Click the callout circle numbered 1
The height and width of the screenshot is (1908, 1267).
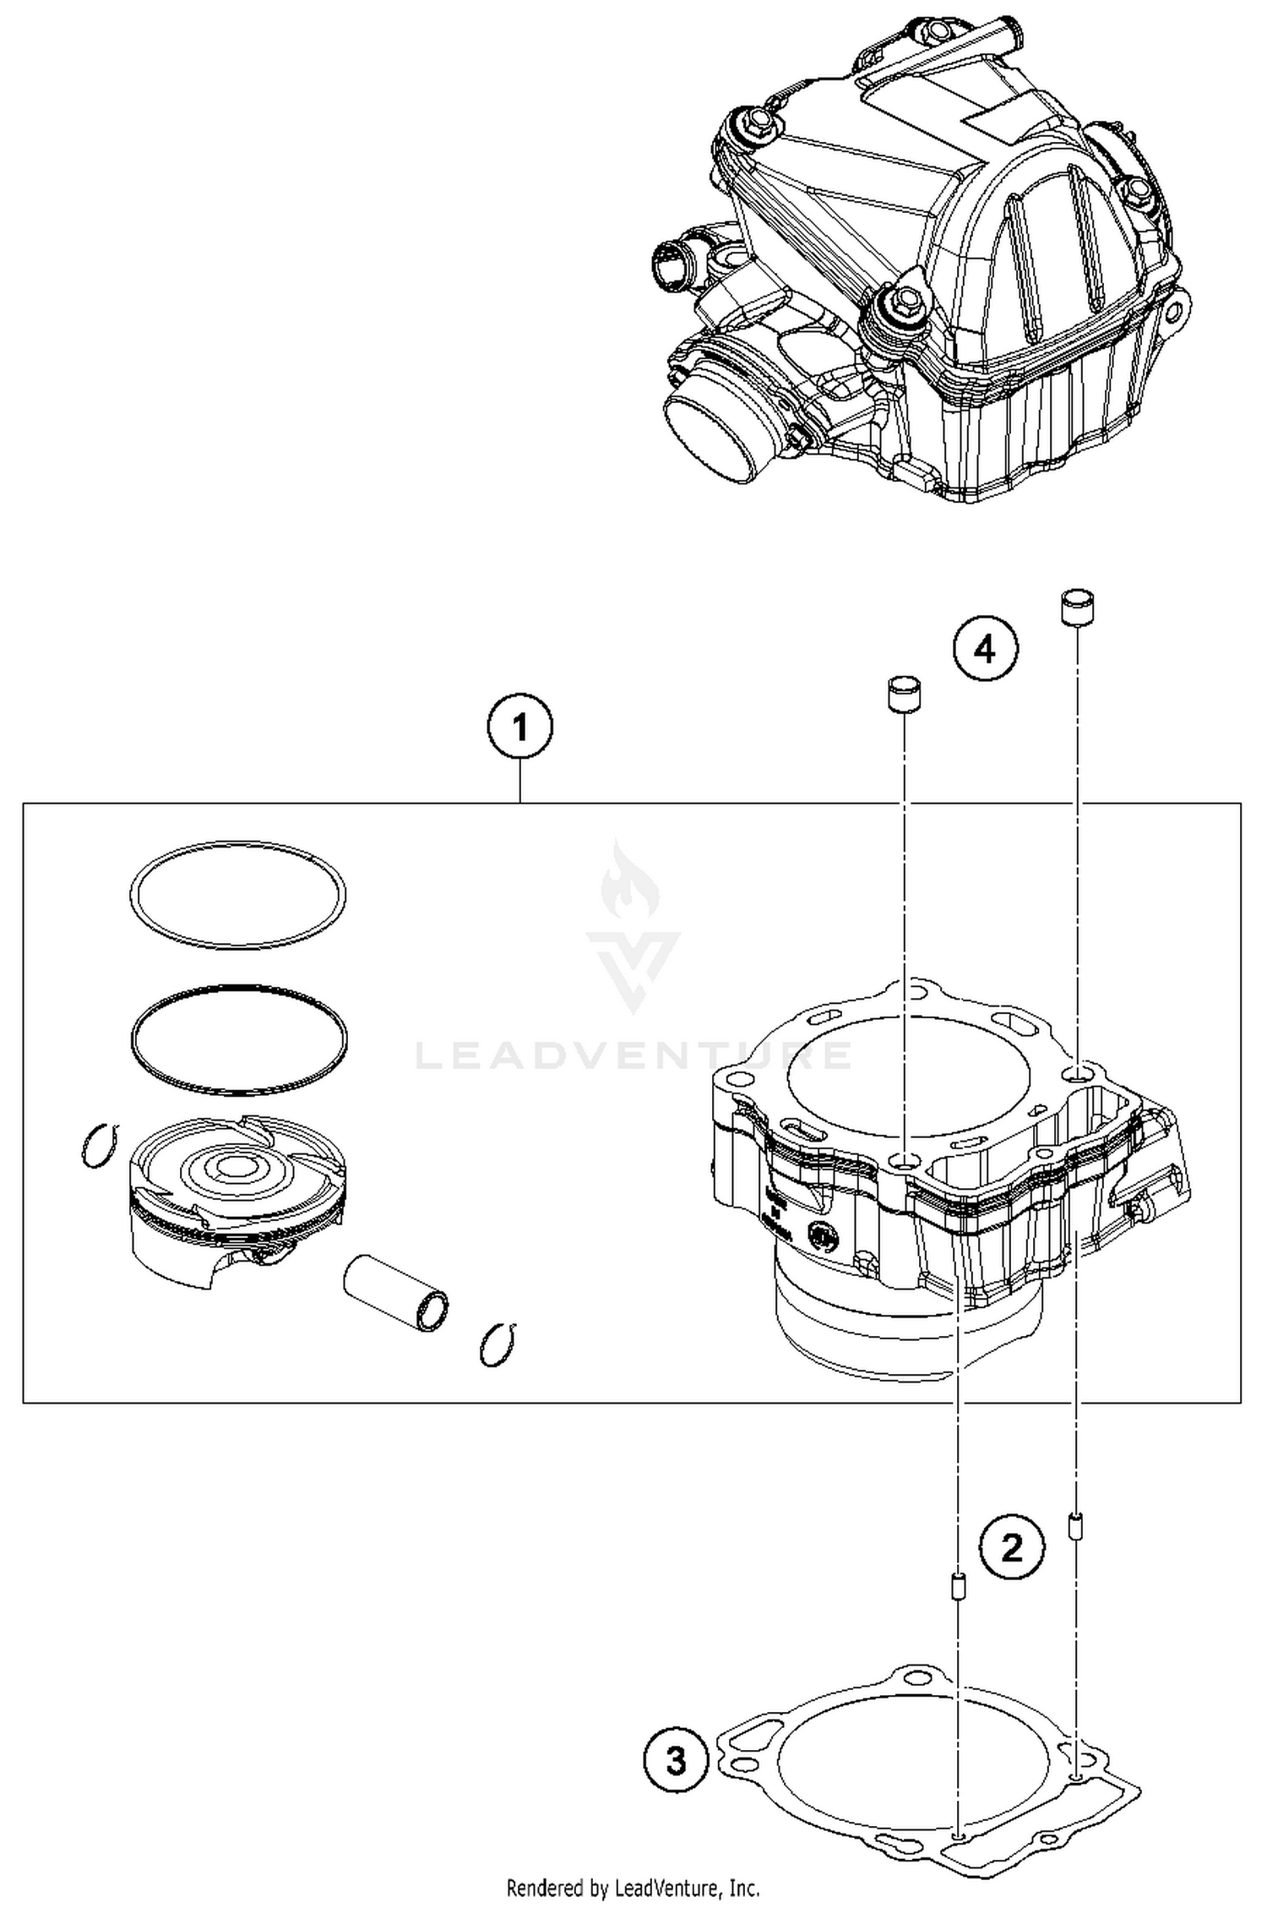pyautogui.click(x=520, y=728)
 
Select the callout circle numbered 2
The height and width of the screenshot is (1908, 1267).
pyautogui.click(x=1011, y=1548)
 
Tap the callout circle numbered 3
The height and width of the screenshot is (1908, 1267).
pyautogui.click(x=675, y=1763)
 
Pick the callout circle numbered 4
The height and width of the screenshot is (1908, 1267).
pyautogui.click(x=986, y=650)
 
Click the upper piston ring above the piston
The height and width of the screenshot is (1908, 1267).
pyautogui.click(x=237, y=895)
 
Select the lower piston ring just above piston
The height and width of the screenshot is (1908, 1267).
pyautogui.click(x=239, y=1038)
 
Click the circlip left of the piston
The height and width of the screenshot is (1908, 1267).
pyautogui.click(x=101, y=1147)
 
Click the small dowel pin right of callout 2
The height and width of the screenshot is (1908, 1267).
pyautogui.click(x=1076, y=1526)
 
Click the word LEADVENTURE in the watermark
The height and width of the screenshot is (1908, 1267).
pyautogui.click(x=633, y=1055)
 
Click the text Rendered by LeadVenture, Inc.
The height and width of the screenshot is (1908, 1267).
pyautogui.click(x=633, y=1888)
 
